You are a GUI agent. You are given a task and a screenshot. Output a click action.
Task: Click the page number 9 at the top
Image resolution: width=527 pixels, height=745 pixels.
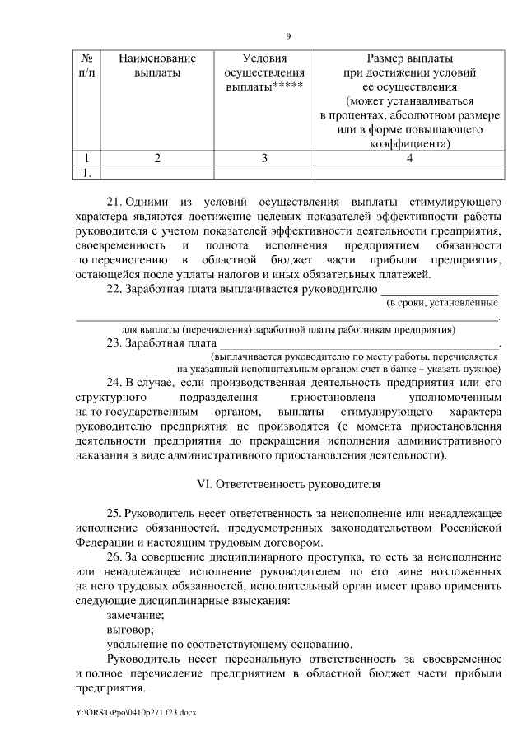click(288, 35)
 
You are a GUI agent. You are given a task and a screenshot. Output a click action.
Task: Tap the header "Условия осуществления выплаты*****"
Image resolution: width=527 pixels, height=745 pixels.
click(265, 73)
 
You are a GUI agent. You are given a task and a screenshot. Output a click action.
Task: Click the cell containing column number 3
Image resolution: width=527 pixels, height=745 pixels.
click(265, 158)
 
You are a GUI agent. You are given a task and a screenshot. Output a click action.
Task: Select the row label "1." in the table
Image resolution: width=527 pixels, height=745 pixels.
click(86, 172)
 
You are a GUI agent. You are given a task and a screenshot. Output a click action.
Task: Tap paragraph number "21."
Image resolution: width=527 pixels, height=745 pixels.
click(114, 202)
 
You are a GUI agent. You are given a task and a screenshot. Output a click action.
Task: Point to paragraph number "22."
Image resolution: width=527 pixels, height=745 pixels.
click(114, 289)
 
